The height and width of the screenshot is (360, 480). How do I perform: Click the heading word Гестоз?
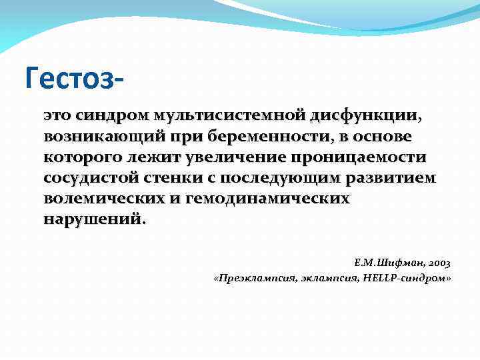(72, 77)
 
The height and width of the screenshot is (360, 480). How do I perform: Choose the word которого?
(83, 157)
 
